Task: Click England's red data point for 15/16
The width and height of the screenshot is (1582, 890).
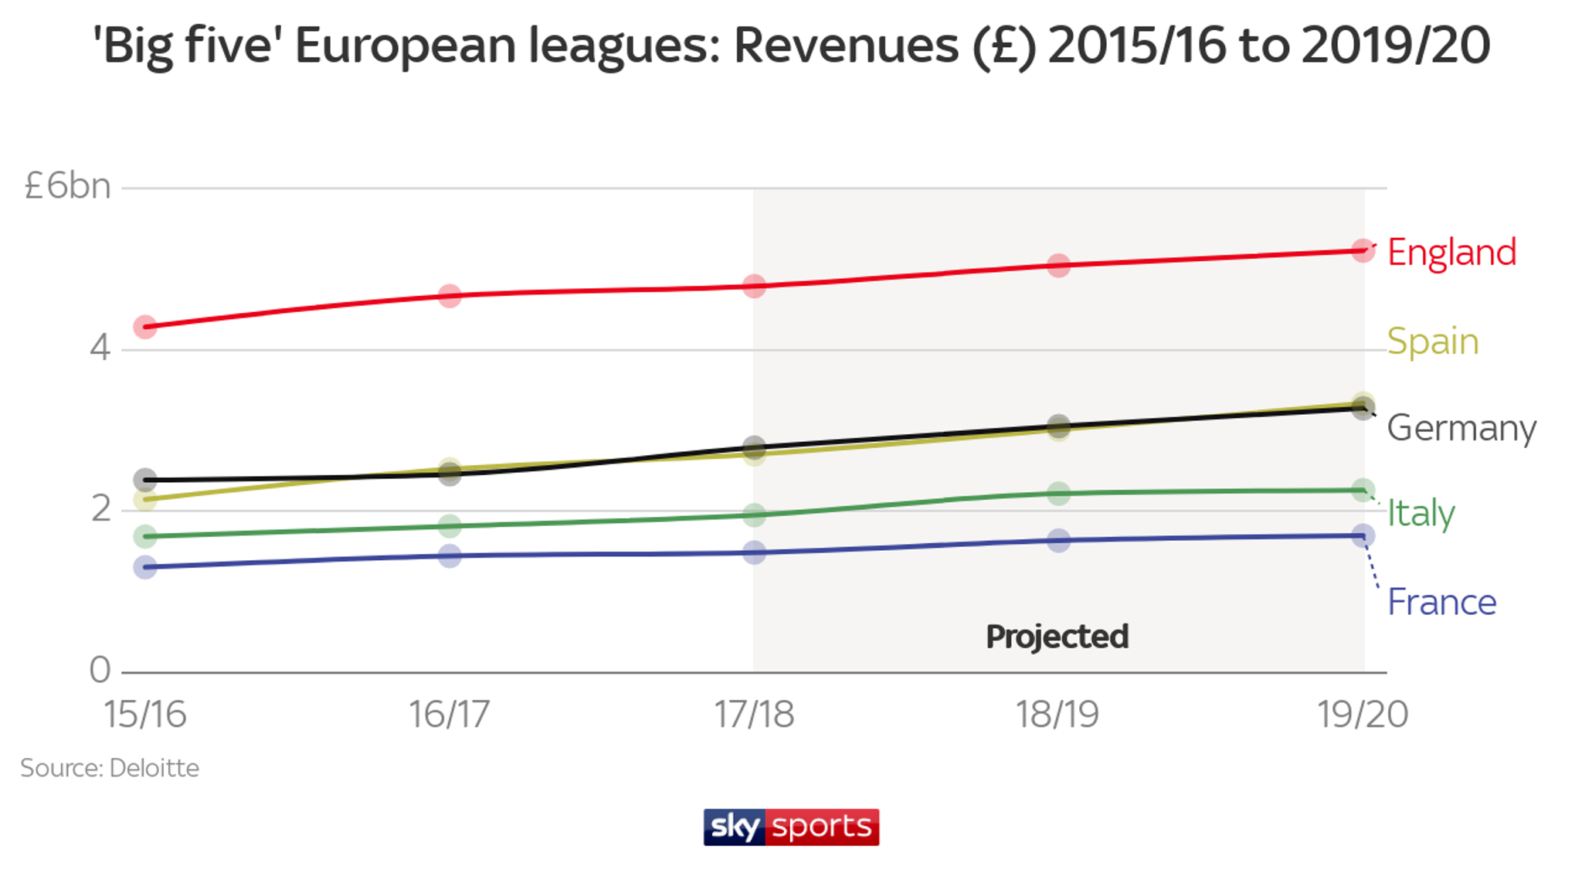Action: tap(145, 327)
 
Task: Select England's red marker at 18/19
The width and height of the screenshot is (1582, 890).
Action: tap(1058, 266)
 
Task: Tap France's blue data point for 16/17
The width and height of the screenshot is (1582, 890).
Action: tap(450, 555)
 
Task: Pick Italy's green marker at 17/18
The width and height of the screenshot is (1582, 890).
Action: tap(754, 515)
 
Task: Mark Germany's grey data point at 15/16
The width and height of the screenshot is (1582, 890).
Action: tap(145, 479)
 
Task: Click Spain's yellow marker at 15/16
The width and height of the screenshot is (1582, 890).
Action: tap(145, 500)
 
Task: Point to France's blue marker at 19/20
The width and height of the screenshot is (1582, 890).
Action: tap(1363, 535)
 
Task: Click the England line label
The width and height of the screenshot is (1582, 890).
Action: tap(1451, 253)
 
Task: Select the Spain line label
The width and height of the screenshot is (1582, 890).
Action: tap(1432, 341)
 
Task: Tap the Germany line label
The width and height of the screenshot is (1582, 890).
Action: tap(1461, 428)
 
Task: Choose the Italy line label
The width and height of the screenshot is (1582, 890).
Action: tap(1421, 513)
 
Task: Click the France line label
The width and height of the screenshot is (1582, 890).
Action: tap(1441, 603)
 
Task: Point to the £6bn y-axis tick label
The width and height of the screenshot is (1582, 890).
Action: tap(68, 186)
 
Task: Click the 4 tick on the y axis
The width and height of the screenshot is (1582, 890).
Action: tap(100, 348)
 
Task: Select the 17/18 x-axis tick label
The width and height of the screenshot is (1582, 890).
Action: tap(753, 715)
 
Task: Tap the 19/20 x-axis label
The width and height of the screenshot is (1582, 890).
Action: tap(1362, 715)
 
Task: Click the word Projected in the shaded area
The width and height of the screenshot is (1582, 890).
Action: tap(1057, 637)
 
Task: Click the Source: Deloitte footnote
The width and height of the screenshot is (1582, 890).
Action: tap(110, 768)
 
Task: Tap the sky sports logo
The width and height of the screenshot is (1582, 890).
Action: tap(791, 827)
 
